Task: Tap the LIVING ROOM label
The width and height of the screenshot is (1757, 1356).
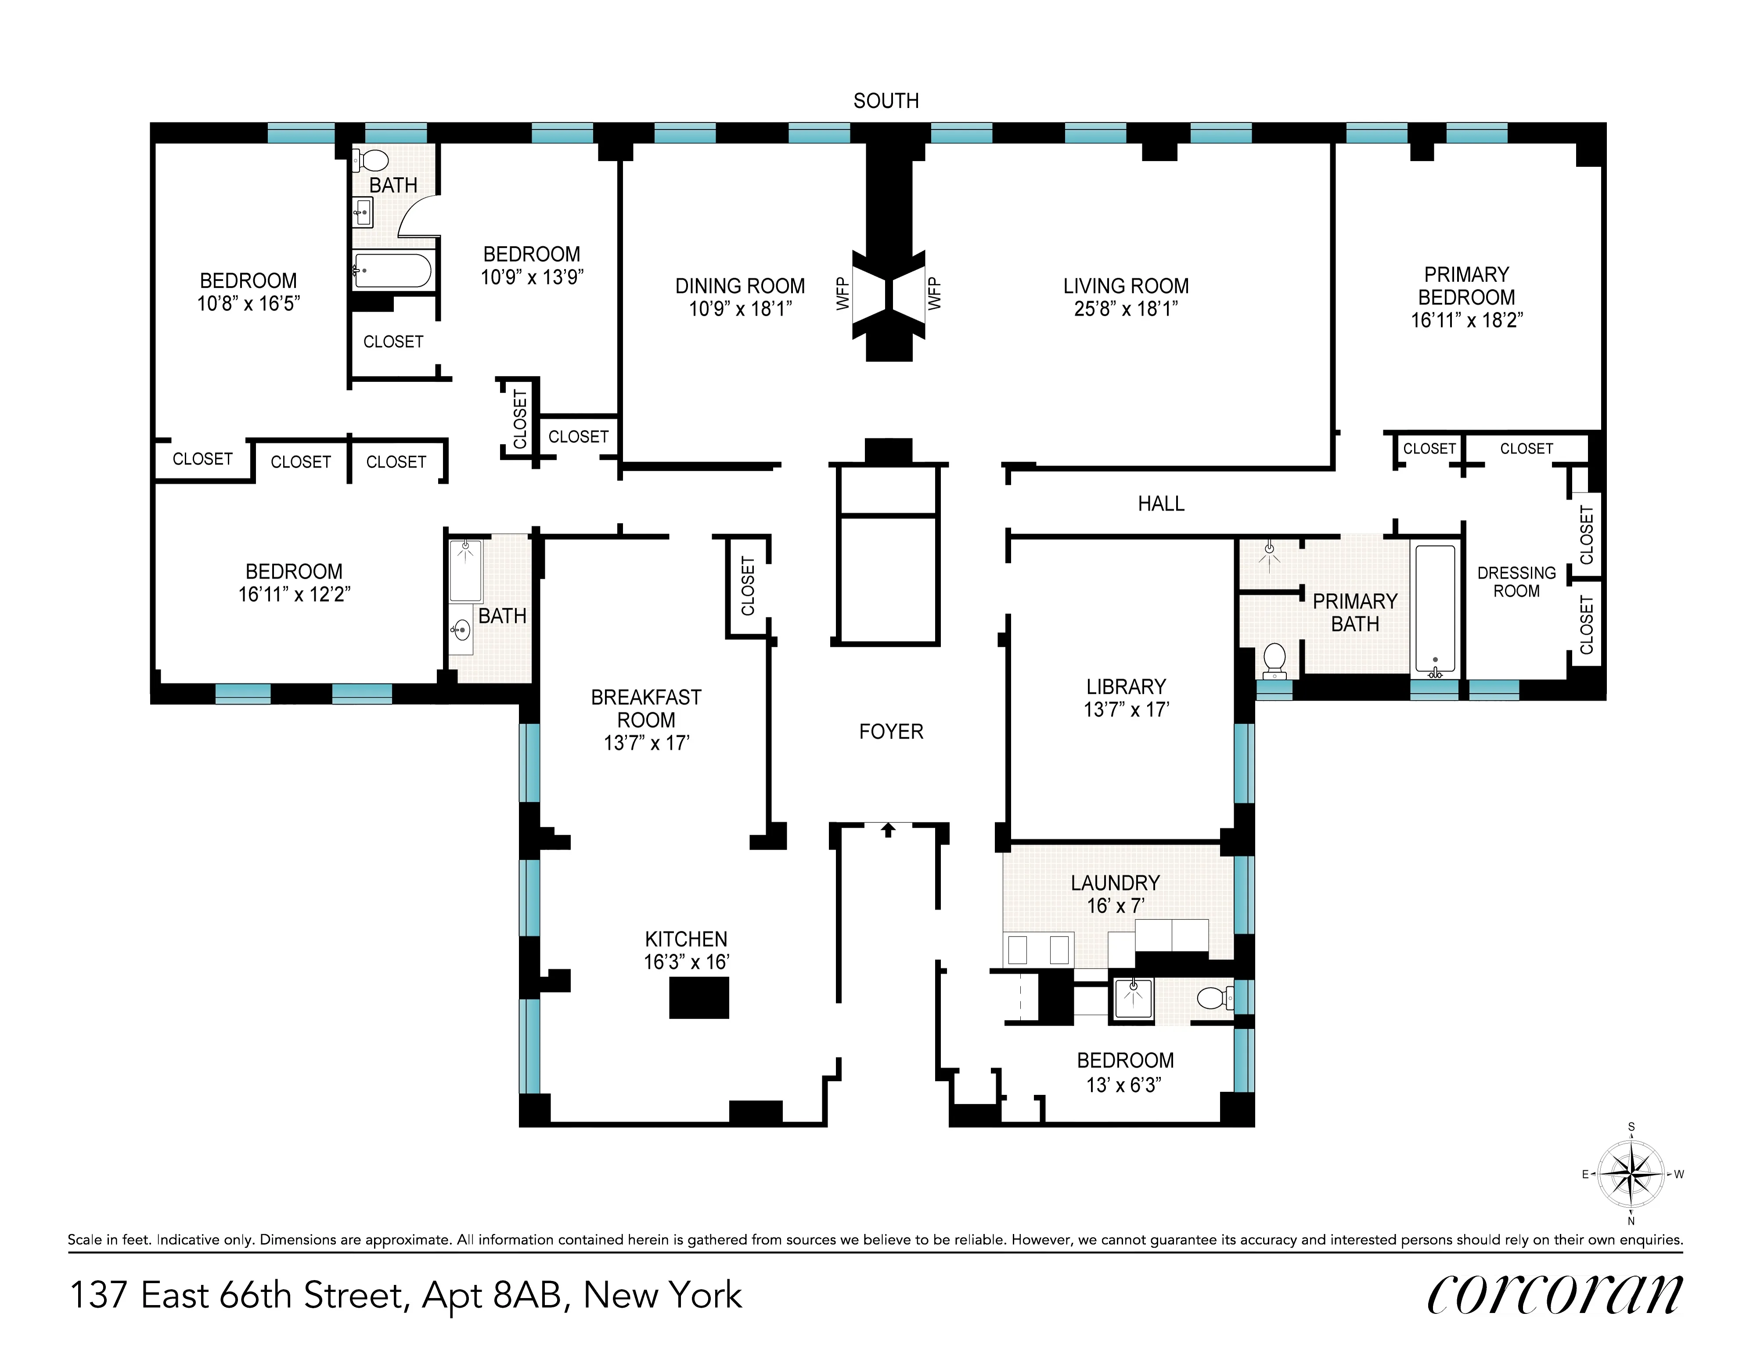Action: [1126, 286]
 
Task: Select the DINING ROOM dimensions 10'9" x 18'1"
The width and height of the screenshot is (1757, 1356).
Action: [740, 309]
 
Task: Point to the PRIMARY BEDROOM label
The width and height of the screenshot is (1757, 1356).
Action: [1466, 286]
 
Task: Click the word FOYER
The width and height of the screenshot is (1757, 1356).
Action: [890, 732]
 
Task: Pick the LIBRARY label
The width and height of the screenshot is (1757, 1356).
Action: [1126, 687]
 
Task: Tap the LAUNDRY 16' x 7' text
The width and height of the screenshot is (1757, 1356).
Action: [1115, 893]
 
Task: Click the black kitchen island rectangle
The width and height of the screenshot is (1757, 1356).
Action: [699, 997]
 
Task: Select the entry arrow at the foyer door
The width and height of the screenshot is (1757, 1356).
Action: [888, 829]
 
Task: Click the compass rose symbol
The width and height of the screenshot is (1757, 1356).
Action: [1631, 1174]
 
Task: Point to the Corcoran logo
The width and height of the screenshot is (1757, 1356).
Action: [1554, 1295]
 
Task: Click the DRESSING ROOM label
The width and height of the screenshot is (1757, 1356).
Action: [1516, 581]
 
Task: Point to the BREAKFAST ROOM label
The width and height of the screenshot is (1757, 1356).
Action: [646, 709]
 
